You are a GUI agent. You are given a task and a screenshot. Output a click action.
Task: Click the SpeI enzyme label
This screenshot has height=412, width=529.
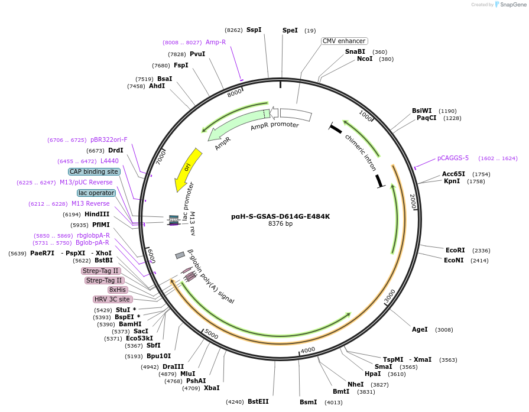(290, 30)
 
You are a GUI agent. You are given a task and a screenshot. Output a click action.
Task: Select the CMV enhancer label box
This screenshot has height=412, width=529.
(344, 41)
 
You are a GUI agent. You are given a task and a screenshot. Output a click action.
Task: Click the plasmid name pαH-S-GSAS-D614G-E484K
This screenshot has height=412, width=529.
(280, 216)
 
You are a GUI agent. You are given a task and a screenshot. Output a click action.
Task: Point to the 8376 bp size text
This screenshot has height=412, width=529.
(280, 224)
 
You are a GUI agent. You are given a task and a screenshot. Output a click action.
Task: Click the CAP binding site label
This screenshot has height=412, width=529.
(94, 171)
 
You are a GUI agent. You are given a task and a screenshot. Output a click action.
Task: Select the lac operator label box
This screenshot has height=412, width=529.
(96, 193)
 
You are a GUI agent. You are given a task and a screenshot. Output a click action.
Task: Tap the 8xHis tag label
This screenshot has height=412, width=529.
(117, 290)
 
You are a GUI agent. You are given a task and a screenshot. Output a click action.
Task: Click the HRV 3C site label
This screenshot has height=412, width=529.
(112, 299)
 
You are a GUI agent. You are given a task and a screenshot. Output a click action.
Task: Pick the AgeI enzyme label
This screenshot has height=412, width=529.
(420, 329)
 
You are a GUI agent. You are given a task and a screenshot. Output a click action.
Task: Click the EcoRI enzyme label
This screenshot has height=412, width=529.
(455, 250)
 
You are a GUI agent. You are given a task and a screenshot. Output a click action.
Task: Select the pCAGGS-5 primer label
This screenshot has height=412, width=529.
(453, 158)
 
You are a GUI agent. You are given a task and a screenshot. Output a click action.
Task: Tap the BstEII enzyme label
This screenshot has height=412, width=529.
(258, 401)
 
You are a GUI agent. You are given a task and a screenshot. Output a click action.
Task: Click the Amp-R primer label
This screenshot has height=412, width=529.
(216, 42)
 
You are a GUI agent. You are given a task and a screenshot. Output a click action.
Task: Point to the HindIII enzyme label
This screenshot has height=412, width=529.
(97, 214)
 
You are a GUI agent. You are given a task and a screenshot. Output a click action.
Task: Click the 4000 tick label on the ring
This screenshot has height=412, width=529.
(308, 351)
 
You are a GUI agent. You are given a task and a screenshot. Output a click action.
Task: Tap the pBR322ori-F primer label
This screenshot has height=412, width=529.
(109, 140)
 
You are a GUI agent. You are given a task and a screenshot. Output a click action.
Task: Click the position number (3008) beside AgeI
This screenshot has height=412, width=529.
(444, 330)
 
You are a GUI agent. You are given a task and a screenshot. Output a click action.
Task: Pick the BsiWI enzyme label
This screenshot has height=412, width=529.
(422, 111)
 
